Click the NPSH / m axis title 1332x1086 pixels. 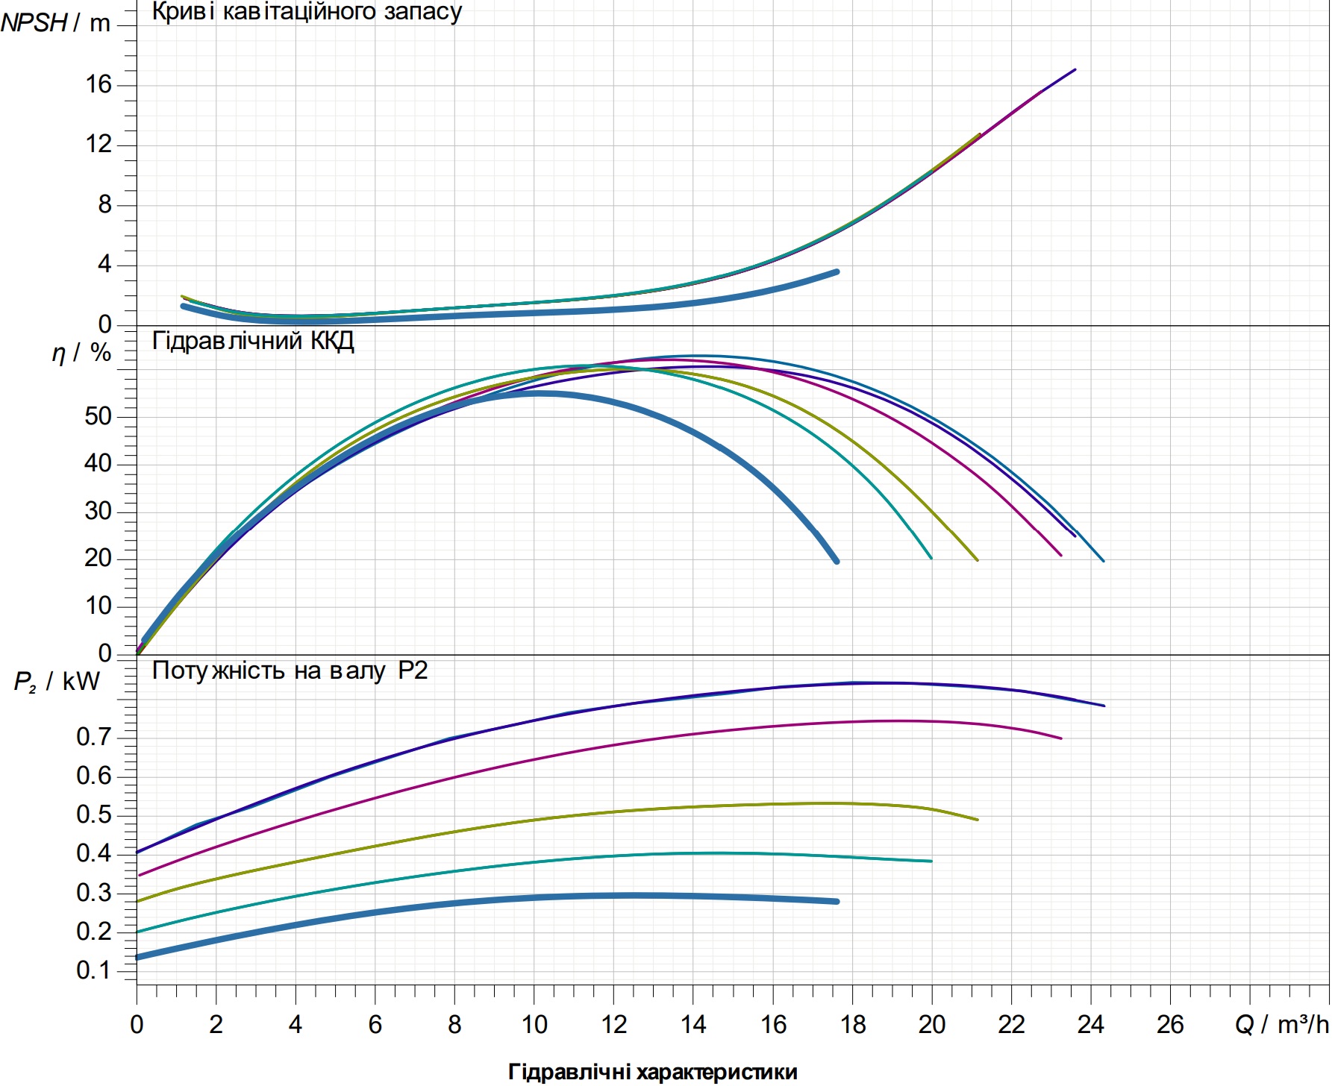[x=55, y=23]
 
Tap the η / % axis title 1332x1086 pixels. [x=81, y=352]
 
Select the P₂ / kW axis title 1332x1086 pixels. [x=57, y=681]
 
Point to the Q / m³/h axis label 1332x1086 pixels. [x=1282, y=1025]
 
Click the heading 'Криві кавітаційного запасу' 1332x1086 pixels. [x=307, y=12]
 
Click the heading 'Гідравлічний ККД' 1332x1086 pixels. [x=253, y=341]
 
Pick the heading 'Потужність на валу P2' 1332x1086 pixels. [x=290, y=671]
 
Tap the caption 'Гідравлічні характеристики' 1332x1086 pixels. [x=653, y=1072]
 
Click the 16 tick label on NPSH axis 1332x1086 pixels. [x=99, y=84]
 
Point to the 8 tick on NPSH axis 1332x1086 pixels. [x=104, y=204]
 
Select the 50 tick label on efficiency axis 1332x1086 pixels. [x=98, y=416]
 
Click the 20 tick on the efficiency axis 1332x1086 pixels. [x=98, y=559]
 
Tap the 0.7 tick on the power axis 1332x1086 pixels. [x=94, y=737]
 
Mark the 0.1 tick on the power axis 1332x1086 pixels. [x=94, y=970]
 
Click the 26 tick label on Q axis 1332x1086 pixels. [x=1170, y=1025]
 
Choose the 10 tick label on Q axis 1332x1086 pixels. [x=534, y=1025]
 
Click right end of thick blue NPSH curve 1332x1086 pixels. [x=837, y=271]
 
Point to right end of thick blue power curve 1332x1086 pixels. [x=837, y=901]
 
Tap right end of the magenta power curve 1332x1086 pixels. [x=1061, y=738]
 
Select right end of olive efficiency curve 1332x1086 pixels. [x=978, y=560]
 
